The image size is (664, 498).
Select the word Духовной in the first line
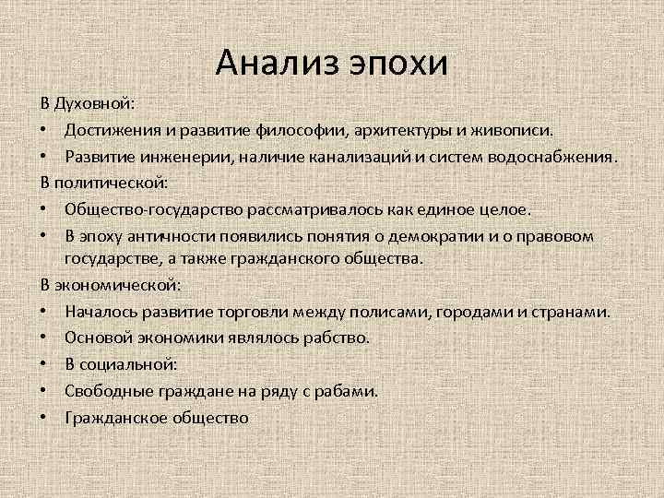(x=95, y=101)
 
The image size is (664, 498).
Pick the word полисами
(x=397, y=313)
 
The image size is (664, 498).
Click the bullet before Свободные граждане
(x=45, y=392)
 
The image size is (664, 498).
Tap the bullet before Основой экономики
(x=45, y=338)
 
